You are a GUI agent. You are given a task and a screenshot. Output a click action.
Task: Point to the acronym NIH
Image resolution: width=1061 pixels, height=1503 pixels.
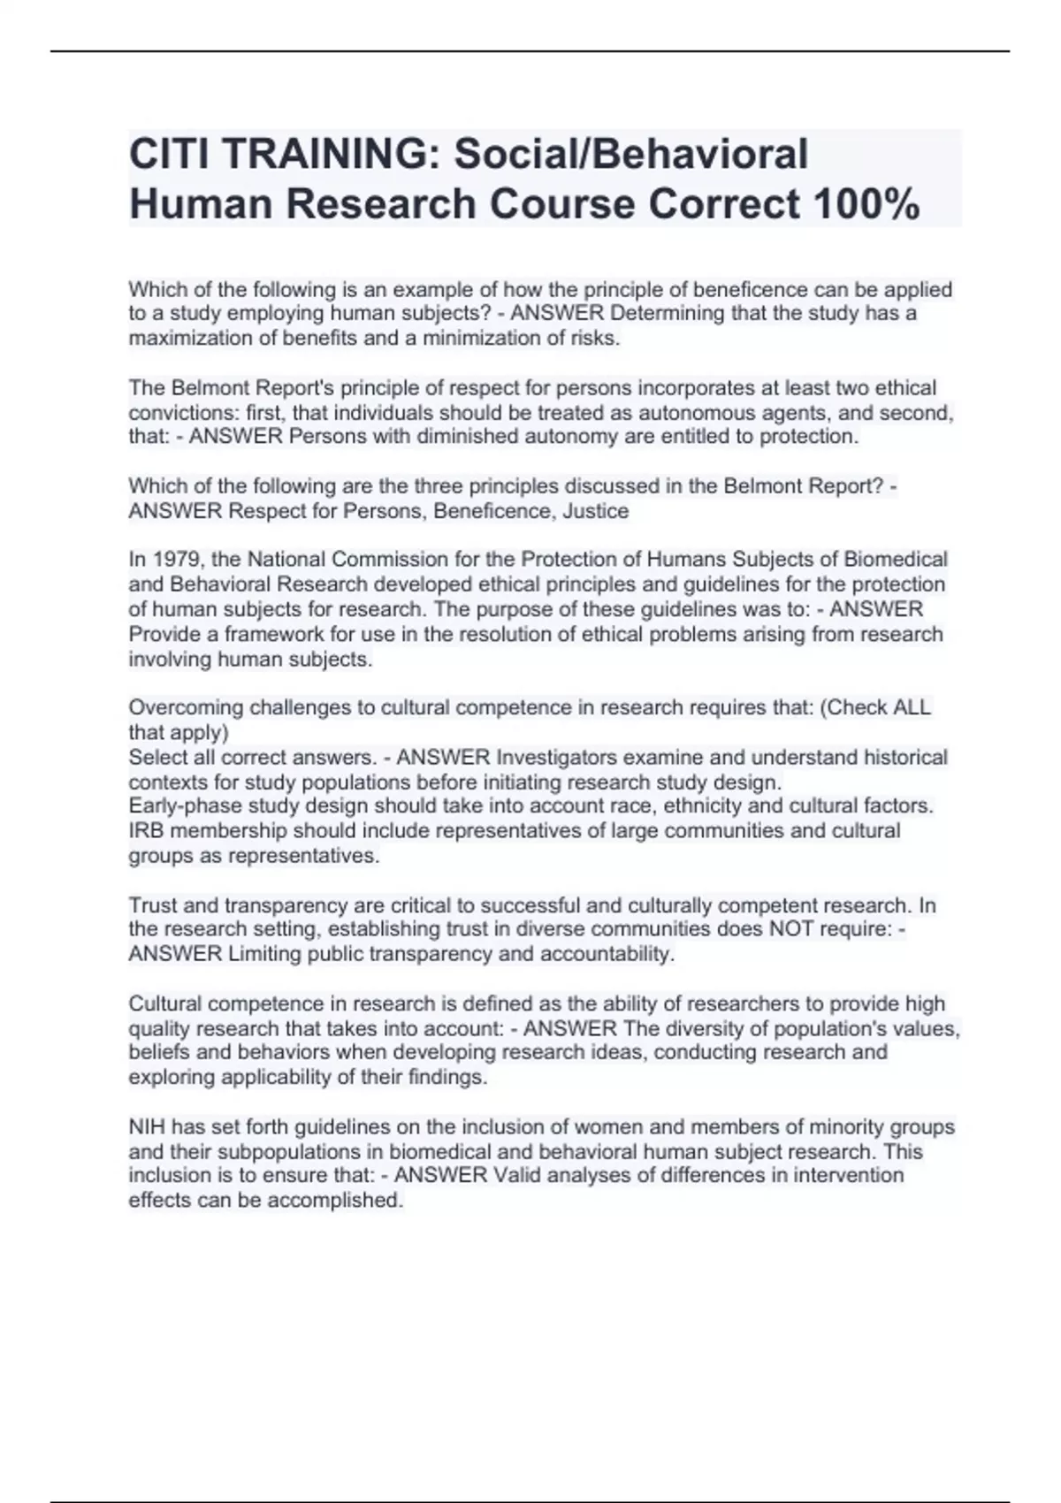coord(147,1127)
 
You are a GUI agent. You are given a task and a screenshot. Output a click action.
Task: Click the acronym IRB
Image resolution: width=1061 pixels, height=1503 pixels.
coord(146,831)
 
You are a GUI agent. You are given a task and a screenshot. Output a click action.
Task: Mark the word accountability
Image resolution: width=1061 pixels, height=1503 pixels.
coord(607,954)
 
